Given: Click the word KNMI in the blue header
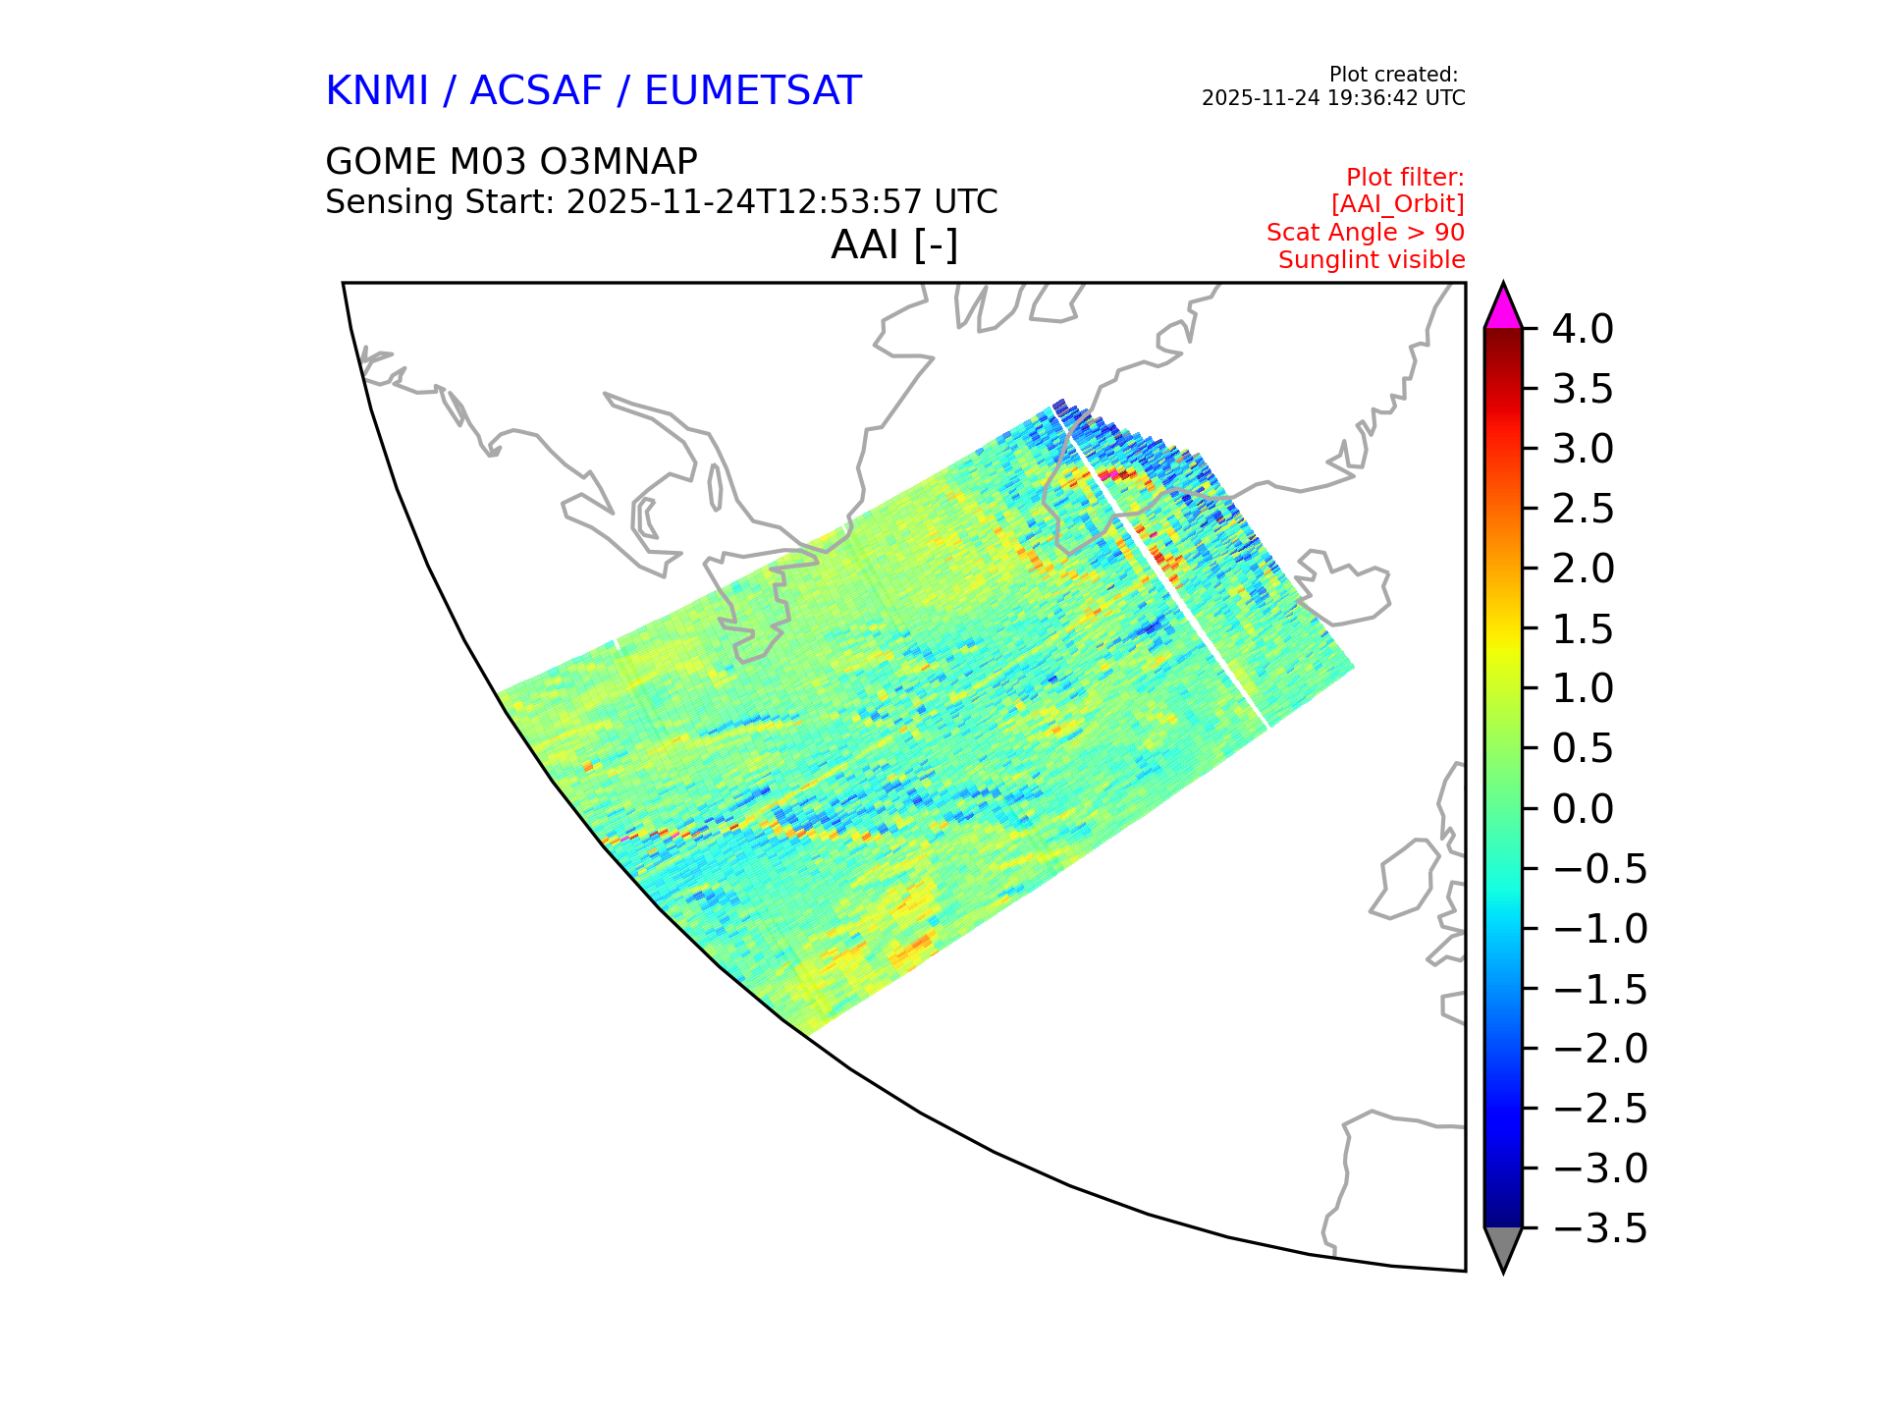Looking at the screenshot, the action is click(x=377, y=91).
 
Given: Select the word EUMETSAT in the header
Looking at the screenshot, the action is click(x=753, y=91).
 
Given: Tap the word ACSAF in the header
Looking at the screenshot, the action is click(x=536, y=91).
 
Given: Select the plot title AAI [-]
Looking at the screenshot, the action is click(x=894, y=245).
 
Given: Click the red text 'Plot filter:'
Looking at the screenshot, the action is click(x=1405, y=178).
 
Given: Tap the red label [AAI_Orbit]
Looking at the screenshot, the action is click(x=1398, y=204).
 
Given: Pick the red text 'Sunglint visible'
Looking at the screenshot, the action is click(x=1372, y=260).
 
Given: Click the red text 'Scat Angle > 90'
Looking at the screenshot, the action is click(x=1366, y=233).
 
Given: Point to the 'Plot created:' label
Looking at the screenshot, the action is click(x=1393, y=75).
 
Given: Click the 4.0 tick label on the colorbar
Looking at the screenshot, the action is click(x=1583, y=330).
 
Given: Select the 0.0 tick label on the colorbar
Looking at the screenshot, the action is click(x=1583, y=809).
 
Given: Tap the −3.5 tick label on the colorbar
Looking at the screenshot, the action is click(x=1600, y=1228).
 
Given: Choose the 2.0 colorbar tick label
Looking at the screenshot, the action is click(x=1583, y=570).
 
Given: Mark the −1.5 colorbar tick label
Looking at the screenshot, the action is click(x=1600, y=989).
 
